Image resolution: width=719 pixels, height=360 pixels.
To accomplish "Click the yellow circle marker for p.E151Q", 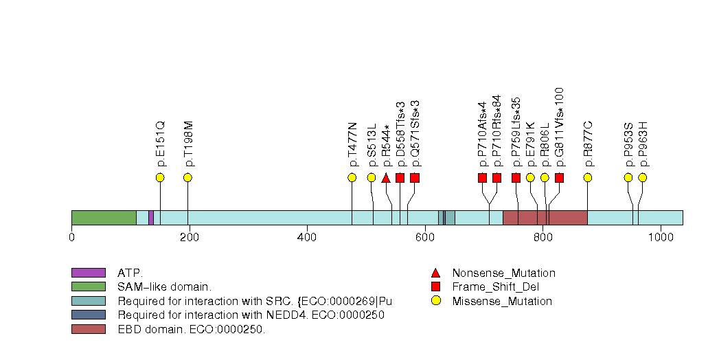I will point(160,178).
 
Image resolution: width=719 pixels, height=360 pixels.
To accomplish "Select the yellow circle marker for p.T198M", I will point(187,178).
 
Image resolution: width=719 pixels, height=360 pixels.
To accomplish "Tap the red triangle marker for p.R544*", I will point(386,178).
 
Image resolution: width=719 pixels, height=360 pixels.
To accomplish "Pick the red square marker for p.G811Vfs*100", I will point(559,178).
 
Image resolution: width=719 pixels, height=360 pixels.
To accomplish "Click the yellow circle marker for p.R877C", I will point(588,178).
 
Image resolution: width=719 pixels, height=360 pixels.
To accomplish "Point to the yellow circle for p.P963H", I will point(643,178).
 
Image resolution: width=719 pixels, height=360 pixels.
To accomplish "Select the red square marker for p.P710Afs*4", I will point(482,178).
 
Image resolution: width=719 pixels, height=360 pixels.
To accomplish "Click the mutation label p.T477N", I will point(353,145).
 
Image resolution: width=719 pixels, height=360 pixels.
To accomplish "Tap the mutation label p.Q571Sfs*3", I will point(415,134).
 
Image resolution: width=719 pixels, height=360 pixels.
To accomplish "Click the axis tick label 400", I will point(307,237).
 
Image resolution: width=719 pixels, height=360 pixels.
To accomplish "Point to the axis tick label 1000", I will point(661,237).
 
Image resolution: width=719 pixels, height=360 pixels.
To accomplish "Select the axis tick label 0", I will point(71,237).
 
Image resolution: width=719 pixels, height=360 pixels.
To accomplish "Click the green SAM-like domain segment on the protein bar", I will point(104,217).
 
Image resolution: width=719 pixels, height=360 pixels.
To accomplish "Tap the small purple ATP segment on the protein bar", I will point(151,217).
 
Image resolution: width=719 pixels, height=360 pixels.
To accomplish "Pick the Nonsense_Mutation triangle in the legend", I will point(435,273).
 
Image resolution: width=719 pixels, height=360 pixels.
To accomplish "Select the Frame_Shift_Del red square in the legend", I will point(435,287).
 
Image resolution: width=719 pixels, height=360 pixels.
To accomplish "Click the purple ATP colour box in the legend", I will point(88,273).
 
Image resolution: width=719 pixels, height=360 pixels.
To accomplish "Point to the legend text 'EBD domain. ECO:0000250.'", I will point(191,329).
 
